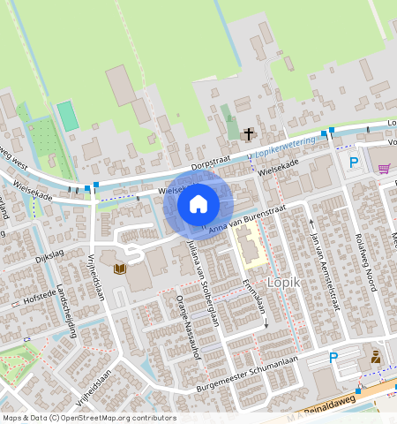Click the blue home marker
(198, 205)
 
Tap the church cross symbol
(249, 134)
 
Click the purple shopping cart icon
(384, 168)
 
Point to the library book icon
(121, 268)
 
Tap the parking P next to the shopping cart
(354, 162)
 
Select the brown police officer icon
(376, 357)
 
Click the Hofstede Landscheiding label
(44, 298)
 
